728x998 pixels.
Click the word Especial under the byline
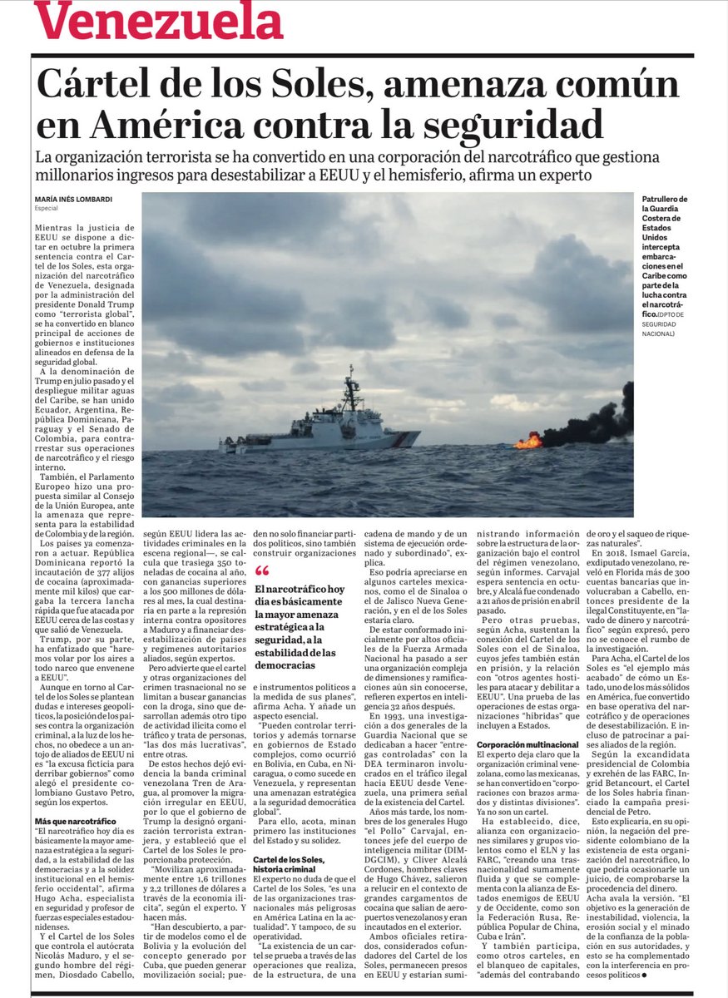[47, 209]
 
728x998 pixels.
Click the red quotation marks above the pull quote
[262, 571]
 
